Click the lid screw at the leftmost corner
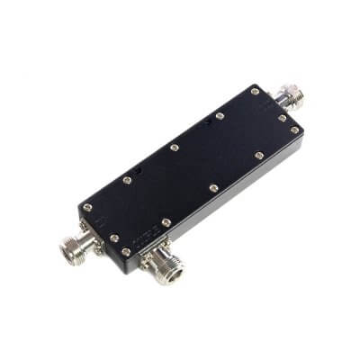click(x=87, y=208)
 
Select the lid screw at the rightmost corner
click(x=294, y=130)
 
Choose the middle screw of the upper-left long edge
click(x=174, y=147)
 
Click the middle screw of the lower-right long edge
click(x=213, y=188)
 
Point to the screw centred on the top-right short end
click(x=282, y=117)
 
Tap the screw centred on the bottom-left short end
click(x=114, y=238)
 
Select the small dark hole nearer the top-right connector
click(x=209, y=122)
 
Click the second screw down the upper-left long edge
click(x=220, y=115)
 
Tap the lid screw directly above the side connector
click(x=166, y=222)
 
